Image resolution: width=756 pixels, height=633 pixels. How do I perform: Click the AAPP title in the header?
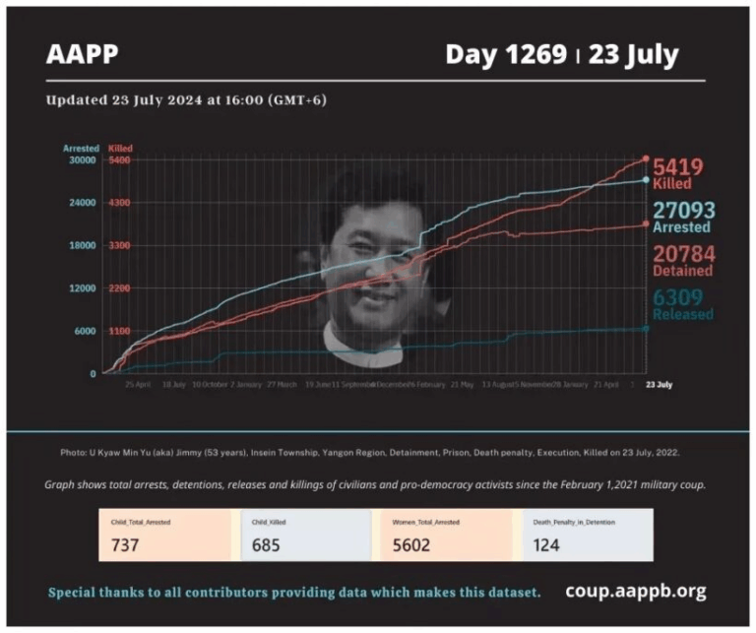click(x=83, y=55)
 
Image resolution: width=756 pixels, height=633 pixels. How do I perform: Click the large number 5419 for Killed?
click(x=678, y=167)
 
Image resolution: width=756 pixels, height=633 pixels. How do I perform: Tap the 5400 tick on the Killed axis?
click(x=119, y=159)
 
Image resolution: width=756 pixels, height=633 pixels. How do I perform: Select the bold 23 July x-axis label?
click(x=660, y=384)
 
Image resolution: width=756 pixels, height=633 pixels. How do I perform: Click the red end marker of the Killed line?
click(x=646, y=158)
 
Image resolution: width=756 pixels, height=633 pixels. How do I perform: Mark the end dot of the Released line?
click(x=646, y=328)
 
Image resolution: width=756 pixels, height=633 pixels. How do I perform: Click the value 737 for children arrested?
click(x=126, y=544)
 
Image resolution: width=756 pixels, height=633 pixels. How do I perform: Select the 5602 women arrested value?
click(x=409, y=544)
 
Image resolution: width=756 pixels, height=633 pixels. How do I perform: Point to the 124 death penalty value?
click(x=549, y=544)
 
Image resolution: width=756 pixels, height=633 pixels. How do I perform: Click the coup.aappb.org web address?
click(x=635, y=592)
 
